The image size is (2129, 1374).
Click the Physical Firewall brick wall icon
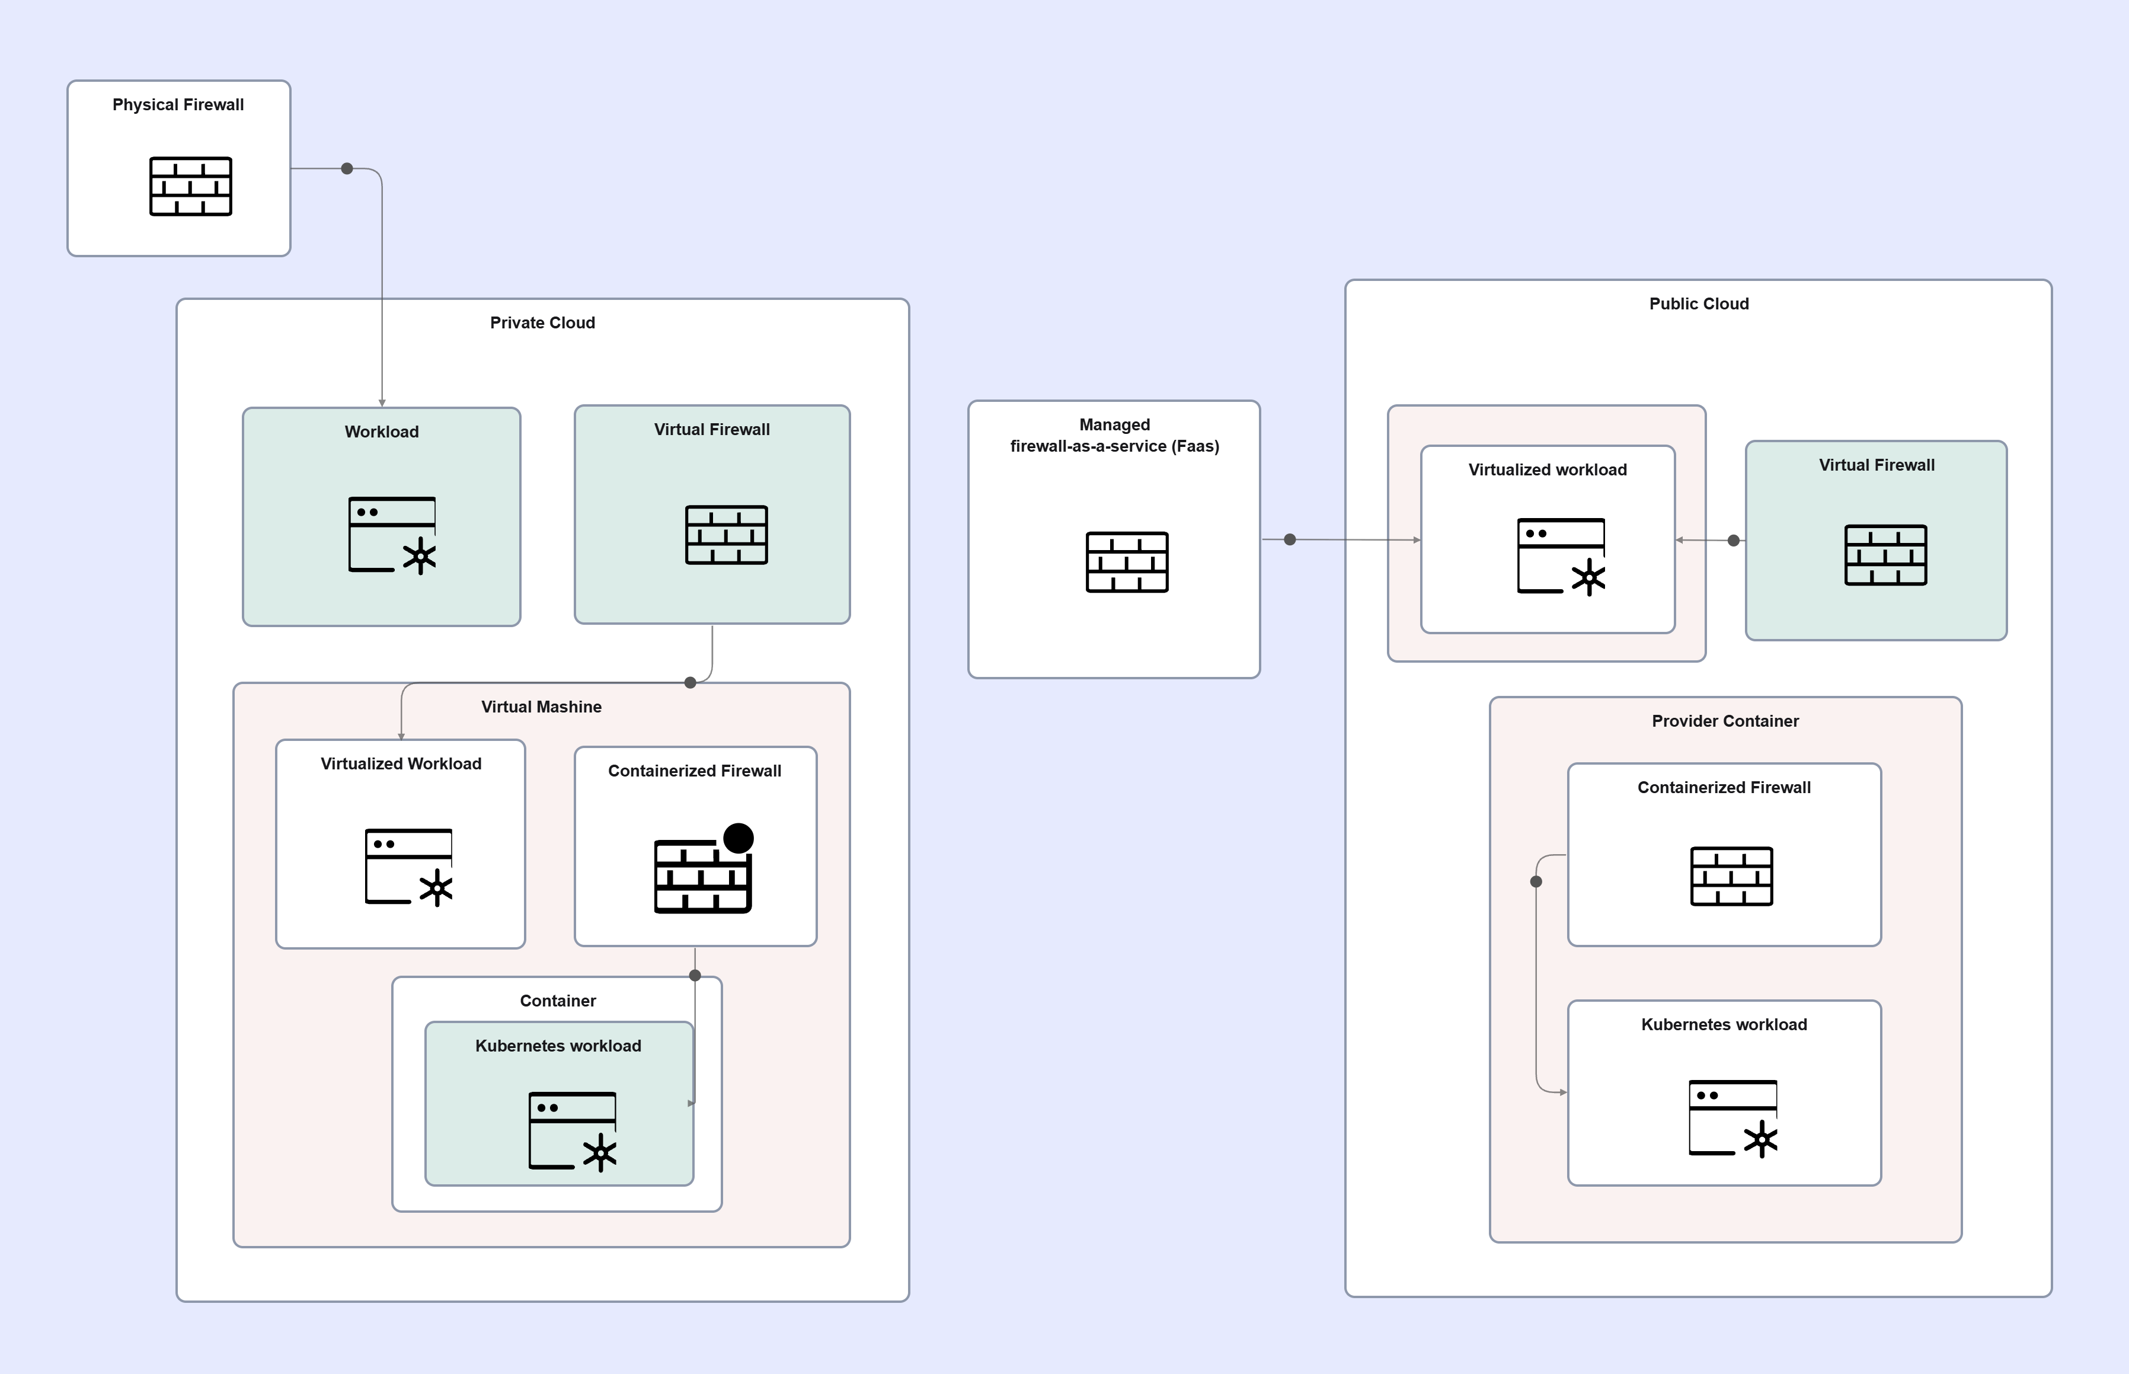point(191,187)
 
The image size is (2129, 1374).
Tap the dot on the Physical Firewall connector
point(347,168)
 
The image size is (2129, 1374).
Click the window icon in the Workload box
point(392,535)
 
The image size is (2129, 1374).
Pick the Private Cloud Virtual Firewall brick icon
point(726,535)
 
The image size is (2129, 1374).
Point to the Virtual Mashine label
point(541,707)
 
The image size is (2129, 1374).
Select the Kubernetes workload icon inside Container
point(573,1132)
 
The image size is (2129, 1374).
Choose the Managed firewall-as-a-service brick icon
point(1127,562)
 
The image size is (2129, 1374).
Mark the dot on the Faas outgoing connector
point(1290,540)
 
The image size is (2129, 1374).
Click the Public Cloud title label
point(1699,303)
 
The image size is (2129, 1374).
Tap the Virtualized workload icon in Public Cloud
point(1561,557)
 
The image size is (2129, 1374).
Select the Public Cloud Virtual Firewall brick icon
point(1885,555)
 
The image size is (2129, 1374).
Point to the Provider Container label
point(1725,721)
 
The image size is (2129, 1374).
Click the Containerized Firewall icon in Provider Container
point(1731,876)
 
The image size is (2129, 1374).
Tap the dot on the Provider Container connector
point(1536,881)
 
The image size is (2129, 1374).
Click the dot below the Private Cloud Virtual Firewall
point(691,682)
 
